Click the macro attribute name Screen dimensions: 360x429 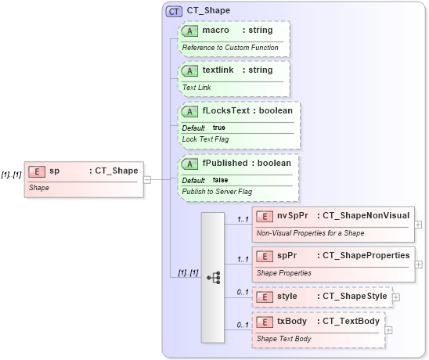tap(215, 30)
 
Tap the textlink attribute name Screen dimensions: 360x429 tap(218, 70)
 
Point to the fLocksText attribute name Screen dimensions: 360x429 tap(224, 110)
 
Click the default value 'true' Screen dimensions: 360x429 tap(219, 128)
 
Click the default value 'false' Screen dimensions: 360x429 tap(221, 180)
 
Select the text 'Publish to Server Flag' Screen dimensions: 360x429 tap(217, 191)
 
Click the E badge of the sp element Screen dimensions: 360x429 tap(35, 171)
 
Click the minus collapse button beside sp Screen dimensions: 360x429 tap(146, 179)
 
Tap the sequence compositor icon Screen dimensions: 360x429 tap(213, 277)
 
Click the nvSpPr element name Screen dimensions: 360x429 tap(292, 215)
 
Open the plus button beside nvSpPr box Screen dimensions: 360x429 tap(418, 224)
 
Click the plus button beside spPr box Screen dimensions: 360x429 tap(418, 264)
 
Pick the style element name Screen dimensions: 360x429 tap(287, 297)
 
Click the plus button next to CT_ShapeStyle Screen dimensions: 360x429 tap(396, 297)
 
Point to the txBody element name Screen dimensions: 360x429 tap(292, 322)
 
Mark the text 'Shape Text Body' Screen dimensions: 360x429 tap(283, 339)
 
